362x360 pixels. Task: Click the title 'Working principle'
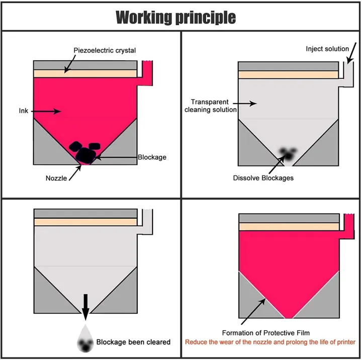[175, 17]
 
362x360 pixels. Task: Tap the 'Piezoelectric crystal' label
[105, 50]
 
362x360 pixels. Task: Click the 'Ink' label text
[24, 111]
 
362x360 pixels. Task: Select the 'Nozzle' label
[56, 177]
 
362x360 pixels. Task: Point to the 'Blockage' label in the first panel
[152, 157]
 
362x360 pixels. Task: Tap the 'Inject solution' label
[327, 49]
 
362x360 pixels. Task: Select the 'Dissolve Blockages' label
[263, 177]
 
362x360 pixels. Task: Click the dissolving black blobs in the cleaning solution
[288, 154]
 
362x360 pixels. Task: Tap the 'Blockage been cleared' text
[133, 342]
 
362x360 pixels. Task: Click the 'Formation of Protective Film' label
[265, 332]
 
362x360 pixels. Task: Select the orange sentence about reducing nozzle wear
[270, 342]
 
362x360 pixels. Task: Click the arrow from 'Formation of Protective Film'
[253, 311]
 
